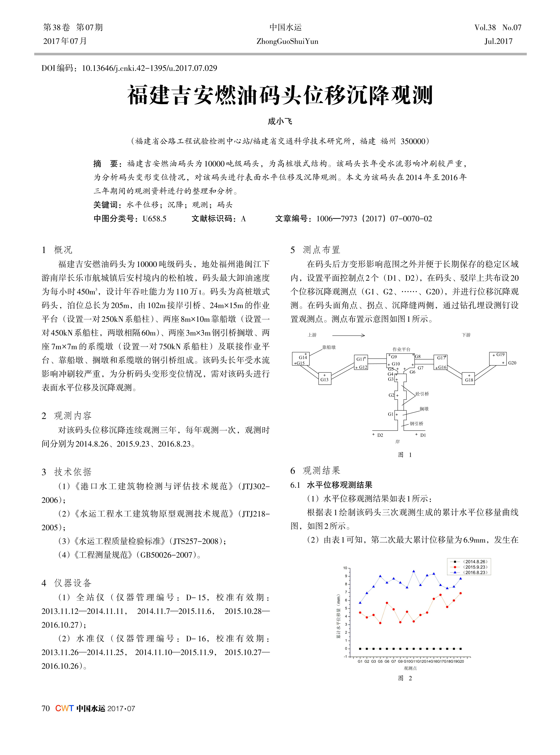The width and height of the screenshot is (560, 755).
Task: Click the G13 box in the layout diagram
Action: tap(324, 378)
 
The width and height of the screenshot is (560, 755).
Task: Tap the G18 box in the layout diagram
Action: tap(469, 378)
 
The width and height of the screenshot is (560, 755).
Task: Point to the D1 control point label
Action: tap(423, 435)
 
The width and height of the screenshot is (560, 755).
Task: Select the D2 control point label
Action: tap(380, 435)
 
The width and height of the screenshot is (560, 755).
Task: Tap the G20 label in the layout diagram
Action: tap(512, 363)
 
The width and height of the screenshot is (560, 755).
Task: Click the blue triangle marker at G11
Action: tap(414, 571)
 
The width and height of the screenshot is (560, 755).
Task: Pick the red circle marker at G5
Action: tap(380, 623)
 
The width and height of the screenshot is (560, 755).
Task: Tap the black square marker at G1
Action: tap(360, 648)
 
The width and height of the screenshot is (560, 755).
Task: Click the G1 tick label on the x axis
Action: tap(360, 661)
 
